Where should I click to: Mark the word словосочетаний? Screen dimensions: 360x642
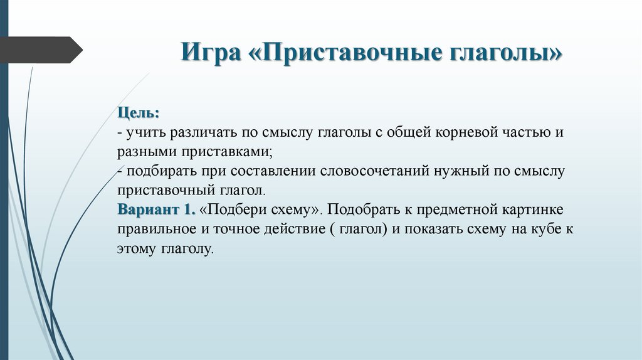(x=374, y=171)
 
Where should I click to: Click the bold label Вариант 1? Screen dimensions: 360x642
(x=156, y=208)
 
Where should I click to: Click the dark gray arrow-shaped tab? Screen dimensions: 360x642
(x=38, y=50)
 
